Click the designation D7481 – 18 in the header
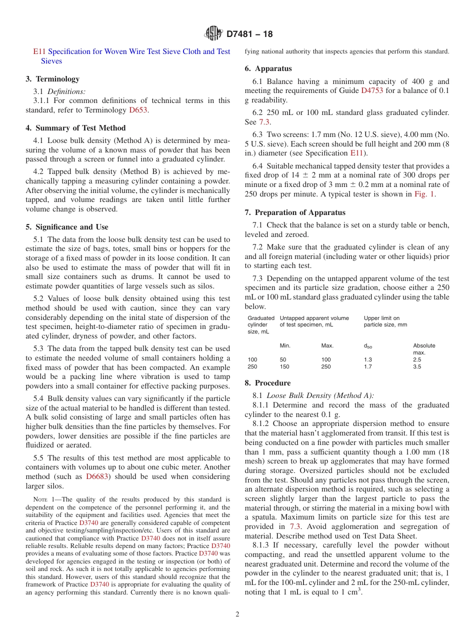(x=249, y=34)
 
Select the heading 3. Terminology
(x=52, y=79)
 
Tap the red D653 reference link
(x=138, y=110)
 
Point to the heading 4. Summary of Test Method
(x=75, y=128)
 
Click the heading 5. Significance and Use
(x=67, y=227)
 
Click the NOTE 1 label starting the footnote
(x=43, y=499)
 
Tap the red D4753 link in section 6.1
(x=370, y=90)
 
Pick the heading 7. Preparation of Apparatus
(x=295, y=212)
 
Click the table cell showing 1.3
(x=368, y=359)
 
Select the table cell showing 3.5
(x=417, y=366)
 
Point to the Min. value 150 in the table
(x=284, y=366)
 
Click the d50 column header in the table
(x=368, y=346)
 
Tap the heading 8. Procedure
(x=267, y=383)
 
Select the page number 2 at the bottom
(x=237, y=614)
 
